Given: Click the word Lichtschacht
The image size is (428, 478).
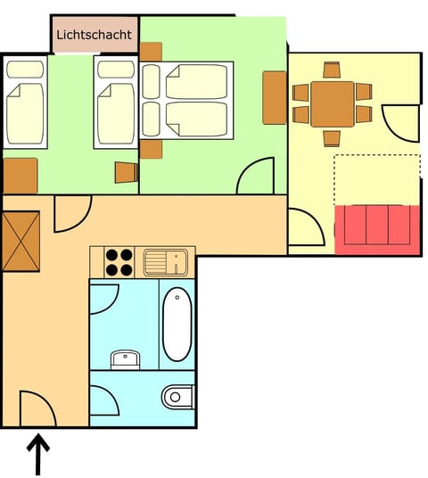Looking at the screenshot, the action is pyautogui.click(x=95, y=35).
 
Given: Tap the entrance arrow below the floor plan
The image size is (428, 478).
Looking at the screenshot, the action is pyautogui.click(x=38, y=454).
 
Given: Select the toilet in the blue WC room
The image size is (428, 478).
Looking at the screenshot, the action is pyautogui.click(x=178, y=397).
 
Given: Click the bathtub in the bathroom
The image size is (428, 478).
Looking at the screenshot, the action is pyautogui.click(x=177, y=324).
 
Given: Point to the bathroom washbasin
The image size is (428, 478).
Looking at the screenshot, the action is pyautogui.click(x=126, y=359).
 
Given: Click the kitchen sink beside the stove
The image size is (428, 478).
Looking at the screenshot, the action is pyautogui.click(x=166, y=262).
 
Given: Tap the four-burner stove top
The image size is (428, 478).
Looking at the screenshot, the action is pyautogui.click(x=119, y=262).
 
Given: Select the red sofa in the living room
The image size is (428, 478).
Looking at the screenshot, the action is pyautogui.click(x=377, y=229).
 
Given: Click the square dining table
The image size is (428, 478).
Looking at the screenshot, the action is pyautogui.click(x=333, y=104).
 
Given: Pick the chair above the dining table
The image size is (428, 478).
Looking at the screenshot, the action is pyautogui.click(x=332, y=70).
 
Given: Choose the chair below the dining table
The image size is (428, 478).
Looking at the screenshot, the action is pyautogui.click(x=332, y=139).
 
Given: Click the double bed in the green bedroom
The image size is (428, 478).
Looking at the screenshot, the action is pyautogui.click(x=186, y=100).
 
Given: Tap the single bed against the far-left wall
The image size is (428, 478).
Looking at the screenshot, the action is pyautogui.click(x=25, y=103).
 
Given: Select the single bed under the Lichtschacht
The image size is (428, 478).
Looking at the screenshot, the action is pyautogui.click(x=116, y=103).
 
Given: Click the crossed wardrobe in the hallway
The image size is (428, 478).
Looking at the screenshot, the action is pyautogui.click(x=21, y=241).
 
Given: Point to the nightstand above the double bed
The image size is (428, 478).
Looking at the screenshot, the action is pyautogui.click(x=151, y=52).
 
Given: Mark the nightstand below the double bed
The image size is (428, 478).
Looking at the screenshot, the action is pyautogui.click(x=151, y=150).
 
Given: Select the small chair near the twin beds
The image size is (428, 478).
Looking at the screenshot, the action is pyautogui.click(x=127, y=172).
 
